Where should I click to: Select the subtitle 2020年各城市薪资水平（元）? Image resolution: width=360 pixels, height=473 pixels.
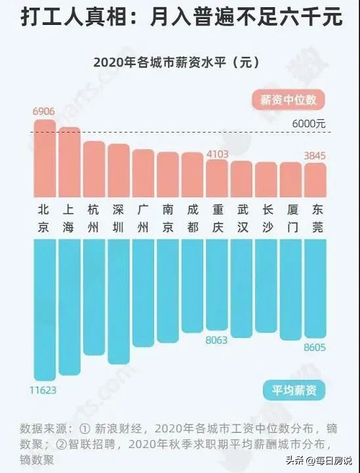click(x=180, y=63)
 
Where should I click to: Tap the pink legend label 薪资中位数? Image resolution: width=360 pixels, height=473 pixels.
click(x=288, y=100)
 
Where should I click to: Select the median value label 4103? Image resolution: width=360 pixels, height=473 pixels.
click(x=217, y=154)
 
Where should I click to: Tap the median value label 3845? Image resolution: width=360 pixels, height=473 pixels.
click(x=315, y=157)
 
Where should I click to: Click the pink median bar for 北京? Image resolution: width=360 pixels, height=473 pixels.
click(x=45, y=157)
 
